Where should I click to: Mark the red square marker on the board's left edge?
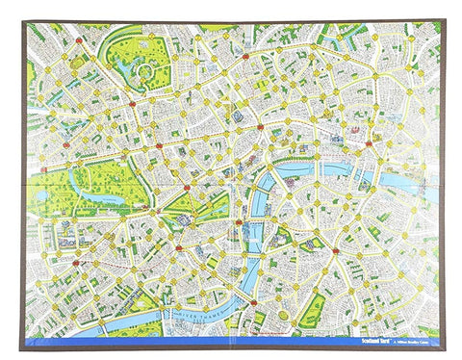[43, 171]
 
